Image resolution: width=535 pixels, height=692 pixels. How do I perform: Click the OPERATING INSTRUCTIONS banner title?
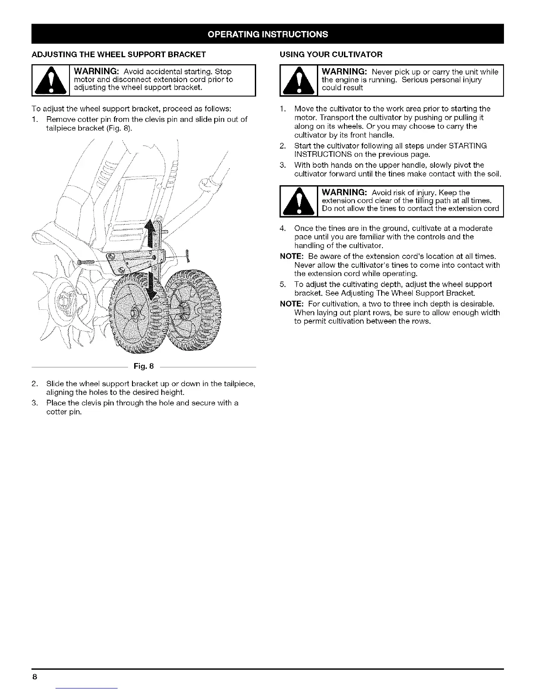click(x=267, y=34)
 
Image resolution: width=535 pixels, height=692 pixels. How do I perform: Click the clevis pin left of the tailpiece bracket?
click(x=89, y=262)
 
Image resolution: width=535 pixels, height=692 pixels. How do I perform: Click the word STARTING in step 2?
click(x=471, y=145)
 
